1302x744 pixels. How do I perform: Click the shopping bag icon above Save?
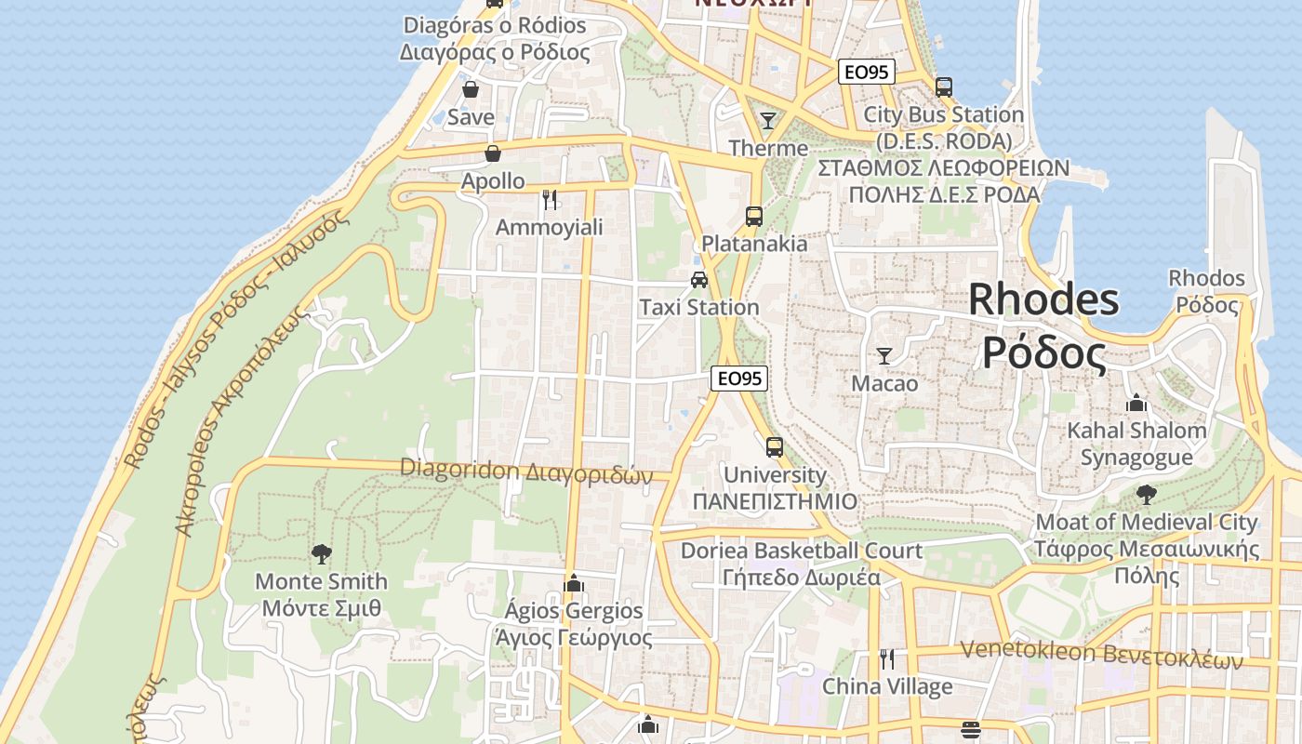point(471,89)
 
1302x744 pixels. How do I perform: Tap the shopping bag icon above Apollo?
point(493,153)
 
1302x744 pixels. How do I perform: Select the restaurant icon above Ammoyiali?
point(550,199)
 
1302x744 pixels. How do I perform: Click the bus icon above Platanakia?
point(754,217)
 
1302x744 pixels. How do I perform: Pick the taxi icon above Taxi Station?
point(699,279)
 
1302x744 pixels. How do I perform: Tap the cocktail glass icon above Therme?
point(768,120)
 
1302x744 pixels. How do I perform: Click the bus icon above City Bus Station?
point(944,87)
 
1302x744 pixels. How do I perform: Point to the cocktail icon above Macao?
point(884,355)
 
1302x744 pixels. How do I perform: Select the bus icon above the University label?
point(775,446)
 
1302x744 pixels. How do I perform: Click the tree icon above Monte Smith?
point(322,554)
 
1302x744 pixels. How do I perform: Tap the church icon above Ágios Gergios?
point(574,583)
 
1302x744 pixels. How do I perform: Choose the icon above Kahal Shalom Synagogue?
point(1136,404)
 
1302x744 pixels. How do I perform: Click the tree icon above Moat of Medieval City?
point(1147,494)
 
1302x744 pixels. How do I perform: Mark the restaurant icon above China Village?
point(887,659)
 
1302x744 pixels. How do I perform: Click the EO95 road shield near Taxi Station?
point(739,379)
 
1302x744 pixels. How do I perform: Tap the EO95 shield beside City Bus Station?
point(867,72)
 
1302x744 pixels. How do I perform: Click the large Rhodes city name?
point(1043,326)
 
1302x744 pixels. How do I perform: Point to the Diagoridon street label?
point(526,472)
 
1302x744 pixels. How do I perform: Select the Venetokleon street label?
point(1101,655)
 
